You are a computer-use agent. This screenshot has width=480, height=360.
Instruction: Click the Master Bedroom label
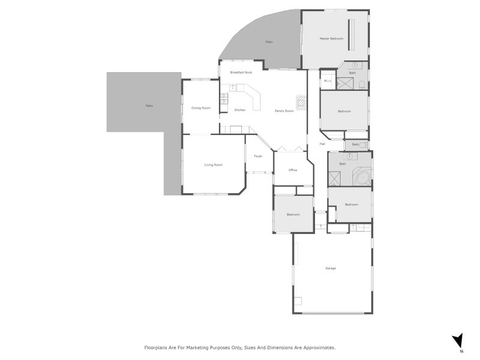click(331, 38)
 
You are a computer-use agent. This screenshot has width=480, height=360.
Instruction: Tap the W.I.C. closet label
click(328, 81)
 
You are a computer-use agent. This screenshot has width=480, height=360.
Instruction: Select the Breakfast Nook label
click(241, 73)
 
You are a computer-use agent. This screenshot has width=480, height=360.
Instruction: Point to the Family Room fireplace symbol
click(302, 101)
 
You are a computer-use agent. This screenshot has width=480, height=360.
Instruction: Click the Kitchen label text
click(240, 110)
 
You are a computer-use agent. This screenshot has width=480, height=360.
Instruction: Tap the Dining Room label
click(200, 108)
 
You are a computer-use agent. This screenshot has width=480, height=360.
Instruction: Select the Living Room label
click(213, 164)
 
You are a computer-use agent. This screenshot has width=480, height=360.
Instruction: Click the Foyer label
click(258, 156)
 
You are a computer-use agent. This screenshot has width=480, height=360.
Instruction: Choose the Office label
click(293, 170)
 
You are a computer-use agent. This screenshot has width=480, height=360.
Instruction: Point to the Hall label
click(322, 144)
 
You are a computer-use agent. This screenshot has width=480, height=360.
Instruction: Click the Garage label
click(331, 268)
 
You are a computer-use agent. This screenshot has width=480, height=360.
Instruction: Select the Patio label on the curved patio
click(269, 42)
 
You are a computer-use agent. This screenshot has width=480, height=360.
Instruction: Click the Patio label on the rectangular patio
click(149, 106)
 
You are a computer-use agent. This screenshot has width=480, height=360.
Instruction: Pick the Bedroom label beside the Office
click(293, 214)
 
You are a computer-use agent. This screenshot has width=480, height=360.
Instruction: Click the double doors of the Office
click(286, 149)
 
